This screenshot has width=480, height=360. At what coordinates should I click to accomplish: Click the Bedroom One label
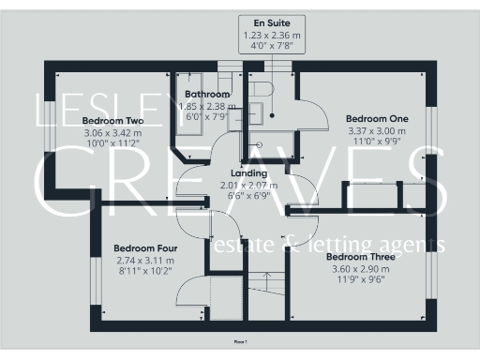click(376, 119)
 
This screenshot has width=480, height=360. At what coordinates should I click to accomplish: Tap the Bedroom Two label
click(112, 121)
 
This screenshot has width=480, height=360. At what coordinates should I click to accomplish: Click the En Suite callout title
click(266, 21)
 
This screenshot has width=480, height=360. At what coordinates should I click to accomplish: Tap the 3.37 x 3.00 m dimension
click(376, 131)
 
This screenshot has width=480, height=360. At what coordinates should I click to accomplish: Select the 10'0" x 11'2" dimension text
click(112, 144)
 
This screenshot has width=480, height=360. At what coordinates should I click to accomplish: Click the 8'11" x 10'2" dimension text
click(144, 272)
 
